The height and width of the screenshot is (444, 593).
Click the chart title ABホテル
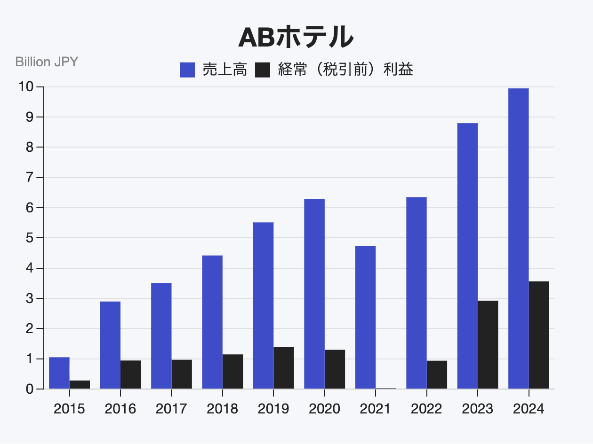296,37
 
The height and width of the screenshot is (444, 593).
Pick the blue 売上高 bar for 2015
59,373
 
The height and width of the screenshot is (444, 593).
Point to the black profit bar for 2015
80,384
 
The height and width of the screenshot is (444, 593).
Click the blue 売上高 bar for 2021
365,317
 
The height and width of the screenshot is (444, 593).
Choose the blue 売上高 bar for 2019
263,305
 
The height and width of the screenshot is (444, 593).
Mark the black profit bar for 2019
284,367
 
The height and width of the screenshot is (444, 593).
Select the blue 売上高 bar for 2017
161,335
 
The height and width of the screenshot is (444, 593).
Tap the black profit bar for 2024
538,335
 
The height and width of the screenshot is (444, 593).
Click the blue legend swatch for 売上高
187,70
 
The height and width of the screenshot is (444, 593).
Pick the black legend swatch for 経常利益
263,70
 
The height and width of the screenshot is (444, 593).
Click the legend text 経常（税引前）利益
345,70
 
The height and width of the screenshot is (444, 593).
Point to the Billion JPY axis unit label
47,62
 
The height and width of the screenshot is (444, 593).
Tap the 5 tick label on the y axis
29,238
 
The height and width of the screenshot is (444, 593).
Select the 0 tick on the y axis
29,389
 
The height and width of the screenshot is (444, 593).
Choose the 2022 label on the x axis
426,409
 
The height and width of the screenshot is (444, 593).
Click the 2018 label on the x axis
222,409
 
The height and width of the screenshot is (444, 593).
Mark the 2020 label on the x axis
324,409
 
